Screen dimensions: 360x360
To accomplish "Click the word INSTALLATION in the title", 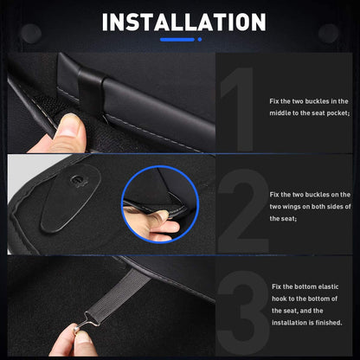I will tap(179, 22).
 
